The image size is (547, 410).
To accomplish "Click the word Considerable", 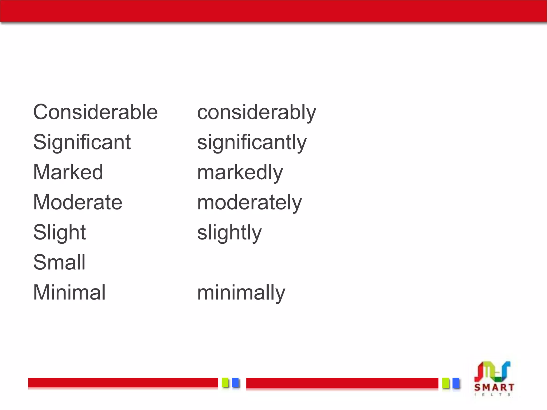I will pos(95,112).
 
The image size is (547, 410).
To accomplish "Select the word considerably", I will pos(256,113).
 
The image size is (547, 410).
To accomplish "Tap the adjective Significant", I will pos(82,142).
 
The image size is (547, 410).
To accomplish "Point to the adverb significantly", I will pos(252,143).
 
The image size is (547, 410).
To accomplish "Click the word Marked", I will pos(68,172).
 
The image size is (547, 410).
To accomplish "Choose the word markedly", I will pos(240,173).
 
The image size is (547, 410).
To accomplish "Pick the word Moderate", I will pos(77,202).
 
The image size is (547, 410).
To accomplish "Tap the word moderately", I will pos(249,203).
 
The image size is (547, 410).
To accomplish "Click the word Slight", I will pos(59,232).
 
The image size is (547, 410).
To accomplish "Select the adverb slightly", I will pos(229,233).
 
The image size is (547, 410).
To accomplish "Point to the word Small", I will pos(59,262).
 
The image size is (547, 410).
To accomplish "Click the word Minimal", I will pos(69,293).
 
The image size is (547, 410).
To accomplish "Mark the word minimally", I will pos(241,293).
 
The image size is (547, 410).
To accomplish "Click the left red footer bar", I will pos(123,383).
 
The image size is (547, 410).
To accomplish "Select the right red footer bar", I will pos(342,383).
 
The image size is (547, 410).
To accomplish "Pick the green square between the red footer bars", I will pos(225,383).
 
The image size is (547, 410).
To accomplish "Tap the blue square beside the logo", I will pos(456,383).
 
